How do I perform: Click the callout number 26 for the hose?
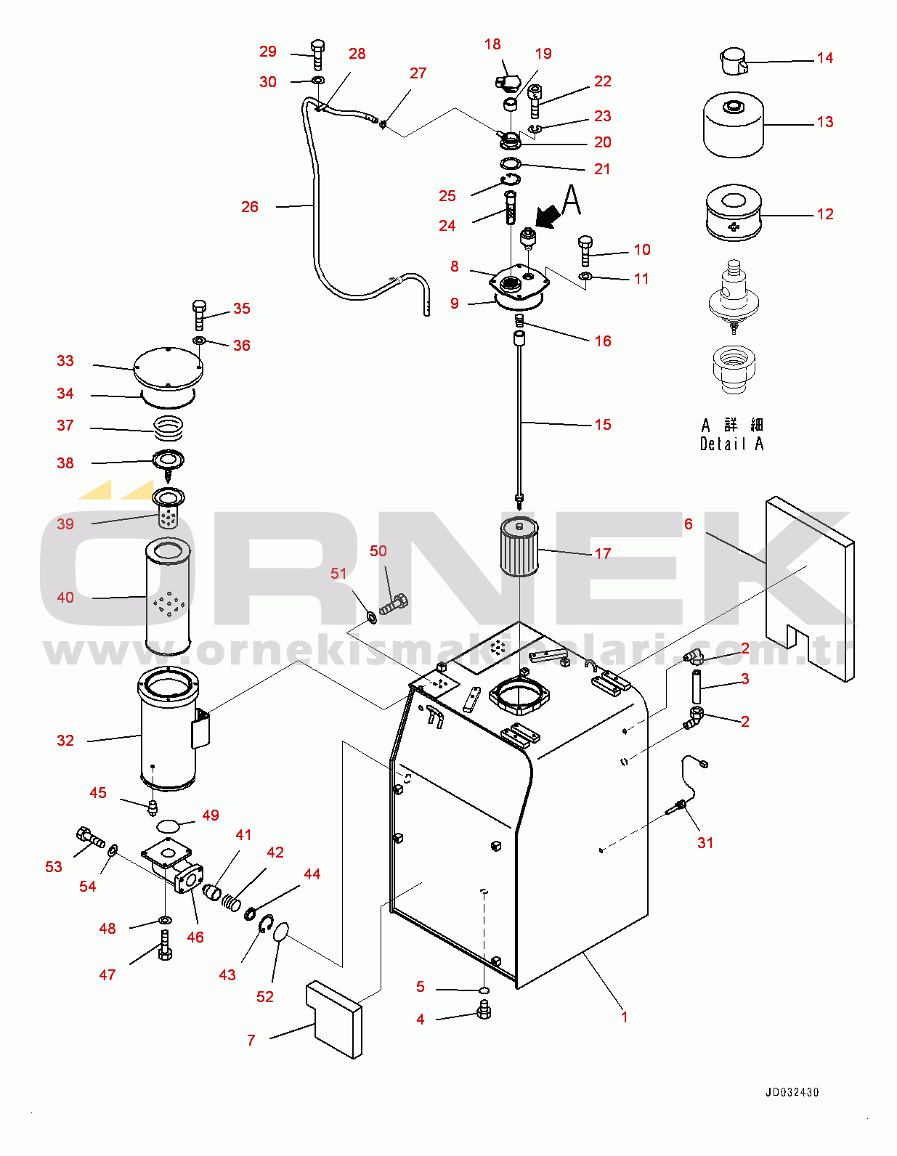coord(250,207)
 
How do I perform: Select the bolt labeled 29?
coord(317,54)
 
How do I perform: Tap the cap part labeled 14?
coord(733,60)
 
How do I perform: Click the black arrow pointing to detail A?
coord(548,216)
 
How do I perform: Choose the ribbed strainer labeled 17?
coord(519,547)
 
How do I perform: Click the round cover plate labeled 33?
coord(168,369)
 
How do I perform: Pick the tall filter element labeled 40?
coord(168,597)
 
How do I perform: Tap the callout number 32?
coord(65,741)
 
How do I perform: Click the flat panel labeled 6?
coord(810,588)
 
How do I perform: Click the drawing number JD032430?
coord(792,1092)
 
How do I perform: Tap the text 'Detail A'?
coord(731,444)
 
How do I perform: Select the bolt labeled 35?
coord(200,314)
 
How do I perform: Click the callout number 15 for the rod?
coord(603,425)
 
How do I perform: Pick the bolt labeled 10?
coord(585,250)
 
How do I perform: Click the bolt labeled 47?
coord(165,945)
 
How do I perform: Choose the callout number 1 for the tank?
coord(624,1017)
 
